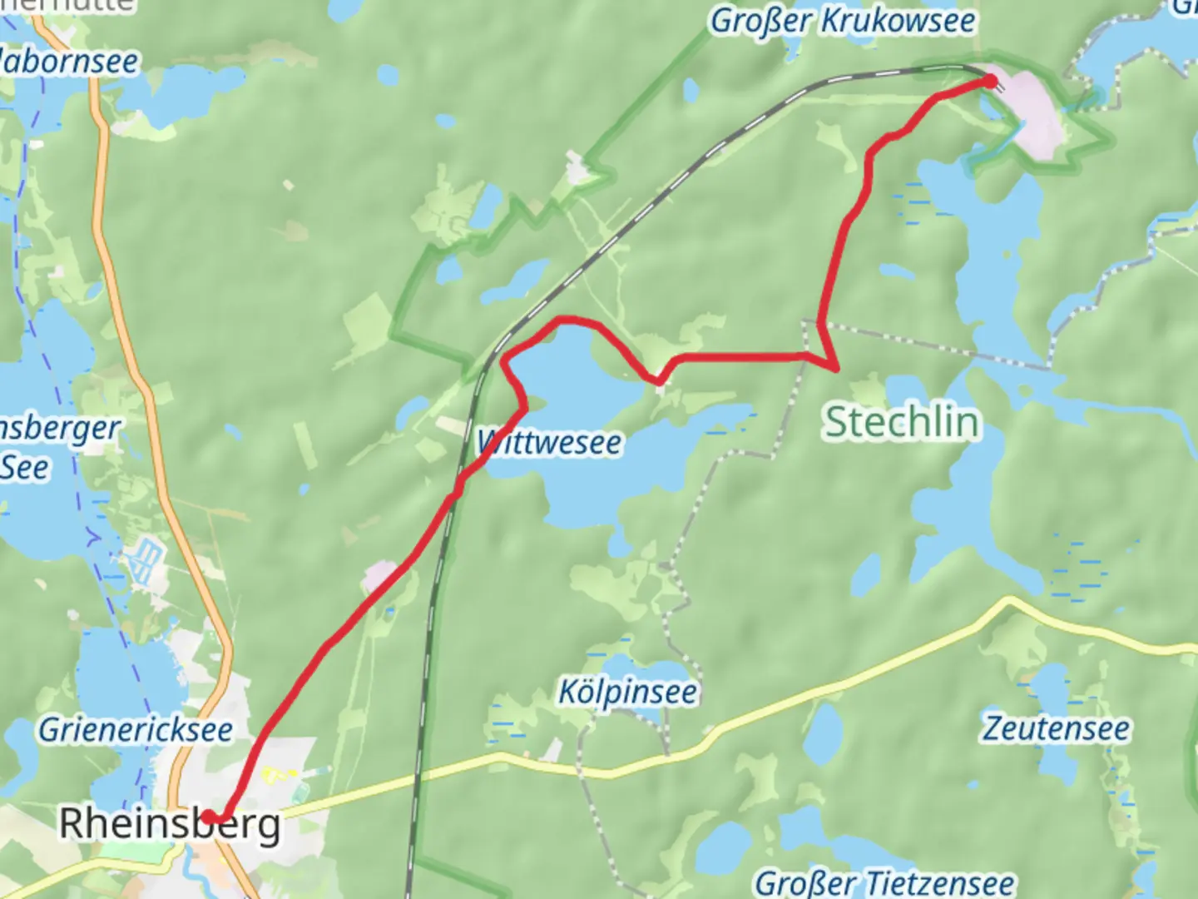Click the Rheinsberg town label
(x=170, y=824)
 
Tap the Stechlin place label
(x=902, y=421)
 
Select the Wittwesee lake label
(x=550, y=442)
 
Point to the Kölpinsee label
(x=627, y=692)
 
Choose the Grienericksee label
(x=136, y=730)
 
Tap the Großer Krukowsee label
(x=842, y=21)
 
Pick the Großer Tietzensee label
(x=884, y=882)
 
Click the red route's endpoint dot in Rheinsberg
(x=208, y=817)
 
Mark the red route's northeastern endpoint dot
(x=990, y=81)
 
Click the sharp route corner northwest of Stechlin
(x=834, y=365)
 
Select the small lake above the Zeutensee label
(x=1050, y=687)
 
